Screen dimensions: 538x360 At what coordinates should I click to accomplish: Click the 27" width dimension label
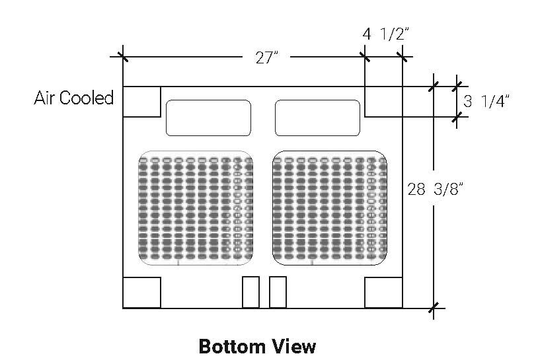[x=266, y=57]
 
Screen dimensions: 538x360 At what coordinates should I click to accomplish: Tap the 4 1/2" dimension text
[x=386, y=34]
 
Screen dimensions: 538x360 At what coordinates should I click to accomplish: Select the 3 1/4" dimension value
[x=486, y=101]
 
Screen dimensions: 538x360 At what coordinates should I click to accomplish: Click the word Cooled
[x=86, y=98]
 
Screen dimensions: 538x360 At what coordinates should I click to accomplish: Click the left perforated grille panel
[x=196, y=208]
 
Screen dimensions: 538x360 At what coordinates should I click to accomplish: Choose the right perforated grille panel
[x=330, y=208]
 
